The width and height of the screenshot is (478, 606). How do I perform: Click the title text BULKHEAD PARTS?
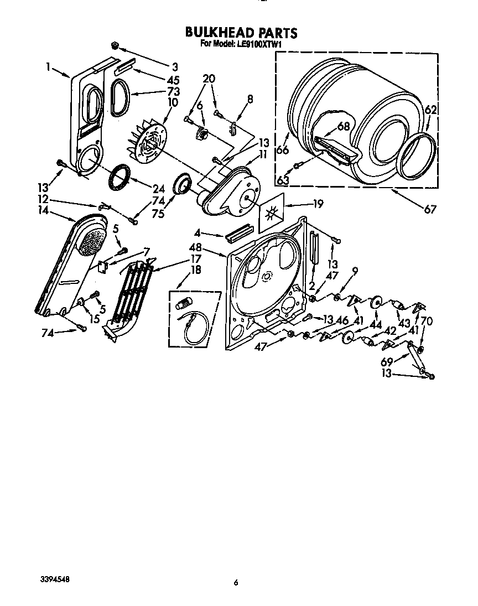tap(241, 33)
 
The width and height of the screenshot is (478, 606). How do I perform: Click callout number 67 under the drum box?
tap(430, 209)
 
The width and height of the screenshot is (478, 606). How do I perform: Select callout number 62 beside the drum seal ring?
tap(430, 110)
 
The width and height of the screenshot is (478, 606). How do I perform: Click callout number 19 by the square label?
tap(318, 204)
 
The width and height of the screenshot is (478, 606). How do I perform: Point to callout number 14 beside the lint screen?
tap(42, 211)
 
